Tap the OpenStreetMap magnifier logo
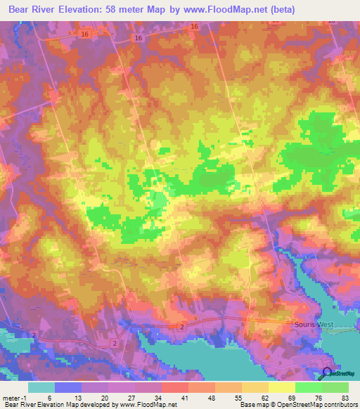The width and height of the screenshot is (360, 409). pos(328,374)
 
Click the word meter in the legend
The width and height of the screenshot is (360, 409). pos(11,398)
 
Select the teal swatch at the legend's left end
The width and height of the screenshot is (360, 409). pos(41,387)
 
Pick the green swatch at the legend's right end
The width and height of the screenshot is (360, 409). pos(335,387)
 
